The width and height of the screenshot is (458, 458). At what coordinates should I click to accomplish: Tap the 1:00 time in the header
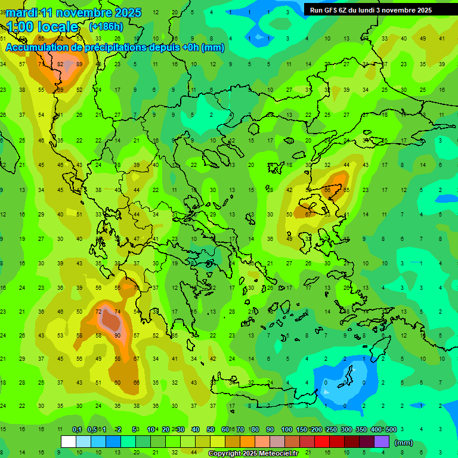coord(20,27)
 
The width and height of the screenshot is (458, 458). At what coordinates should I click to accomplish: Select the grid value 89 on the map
coord(79,64)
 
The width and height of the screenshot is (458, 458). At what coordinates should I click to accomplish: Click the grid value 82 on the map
coord(61,64)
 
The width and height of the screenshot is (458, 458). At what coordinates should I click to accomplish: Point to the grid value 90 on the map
coord(117,335)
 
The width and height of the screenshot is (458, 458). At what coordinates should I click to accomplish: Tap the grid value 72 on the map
coord(98,312)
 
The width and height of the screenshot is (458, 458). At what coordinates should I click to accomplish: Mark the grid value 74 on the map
coord(117,312)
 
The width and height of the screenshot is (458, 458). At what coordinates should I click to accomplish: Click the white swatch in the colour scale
coord(69,441)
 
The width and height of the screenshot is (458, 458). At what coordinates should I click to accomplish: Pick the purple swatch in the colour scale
coord(382,441)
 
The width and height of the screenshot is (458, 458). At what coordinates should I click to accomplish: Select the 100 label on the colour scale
coord(287,429)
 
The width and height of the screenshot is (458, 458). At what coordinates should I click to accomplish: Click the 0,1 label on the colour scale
coord(77,429)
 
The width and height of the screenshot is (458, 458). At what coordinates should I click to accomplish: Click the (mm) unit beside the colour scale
coord(404,442)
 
